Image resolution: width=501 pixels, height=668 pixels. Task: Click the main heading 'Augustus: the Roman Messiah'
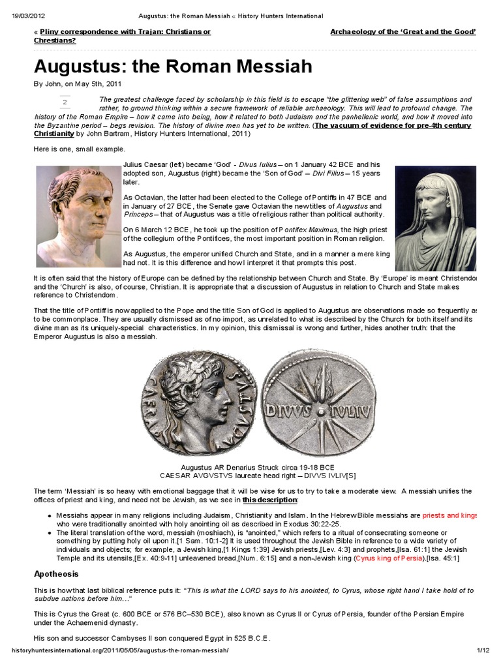173,66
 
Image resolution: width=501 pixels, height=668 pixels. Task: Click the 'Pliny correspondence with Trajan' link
131,31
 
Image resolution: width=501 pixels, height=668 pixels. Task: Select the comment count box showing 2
65,103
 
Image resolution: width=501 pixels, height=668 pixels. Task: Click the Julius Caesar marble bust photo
79,216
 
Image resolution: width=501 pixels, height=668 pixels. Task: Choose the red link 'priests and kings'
447,514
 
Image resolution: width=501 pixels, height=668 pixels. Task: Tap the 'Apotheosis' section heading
56,574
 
